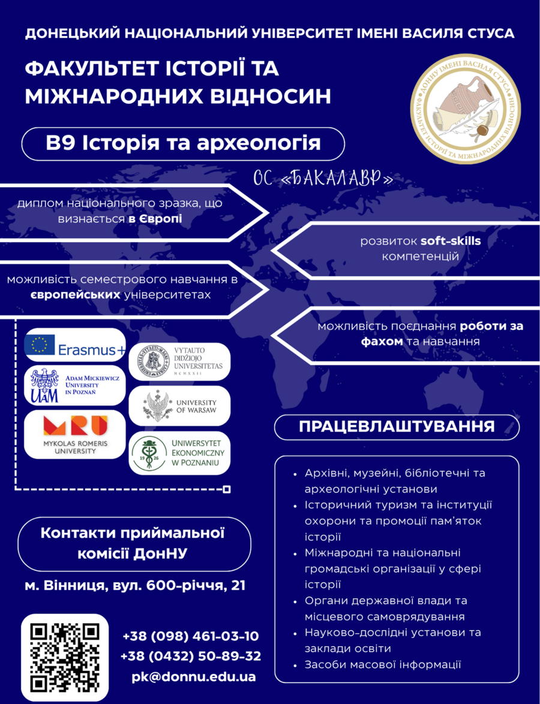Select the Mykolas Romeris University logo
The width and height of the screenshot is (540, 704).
pos(74,434)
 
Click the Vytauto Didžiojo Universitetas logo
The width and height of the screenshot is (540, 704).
pos(179,362)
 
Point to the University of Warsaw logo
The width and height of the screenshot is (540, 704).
pos(179,405)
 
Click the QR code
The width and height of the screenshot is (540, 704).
pos(65,657)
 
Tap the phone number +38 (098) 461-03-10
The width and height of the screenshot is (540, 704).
pos(191,636)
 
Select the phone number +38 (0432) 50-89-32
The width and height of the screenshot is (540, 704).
pos(191,656)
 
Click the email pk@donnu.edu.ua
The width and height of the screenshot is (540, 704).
pos(193,676)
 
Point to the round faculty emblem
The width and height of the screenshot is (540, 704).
pos(463,114)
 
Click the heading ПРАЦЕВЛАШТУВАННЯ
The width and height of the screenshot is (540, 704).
pos(397,427)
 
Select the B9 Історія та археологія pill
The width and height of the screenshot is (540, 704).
pos(183,145)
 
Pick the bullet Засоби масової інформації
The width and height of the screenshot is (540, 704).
pos(383,664)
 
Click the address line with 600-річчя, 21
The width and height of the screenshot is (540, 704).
pos(135,585)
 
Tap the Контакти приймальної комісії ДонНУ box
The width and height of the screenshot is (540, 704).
pos(133,543)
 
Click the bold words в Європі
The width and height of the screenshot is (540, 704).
pos(155,219)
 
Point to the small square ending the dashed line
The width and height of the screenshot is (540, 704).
pos(227,490)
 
